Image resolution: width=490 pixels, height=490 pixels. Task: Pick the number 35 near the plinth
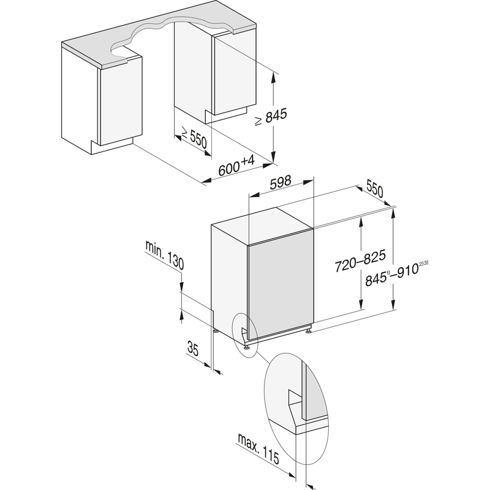click(193, 350)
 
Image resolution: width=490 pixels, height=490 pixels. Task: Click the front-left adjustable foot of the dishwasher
click(247, 346)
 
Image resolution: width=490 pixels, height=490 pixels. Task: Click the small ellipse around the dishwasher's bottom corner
click(246, 334)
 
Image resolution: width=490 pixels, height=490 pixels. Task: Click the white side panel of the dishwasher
click(228, 282)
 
